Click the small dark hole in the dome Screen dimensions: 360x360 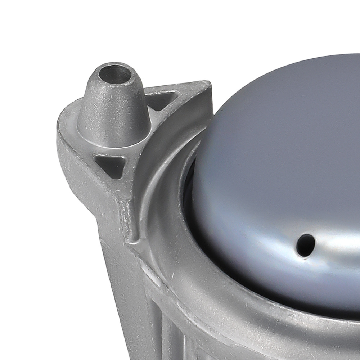click(306, 244)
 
